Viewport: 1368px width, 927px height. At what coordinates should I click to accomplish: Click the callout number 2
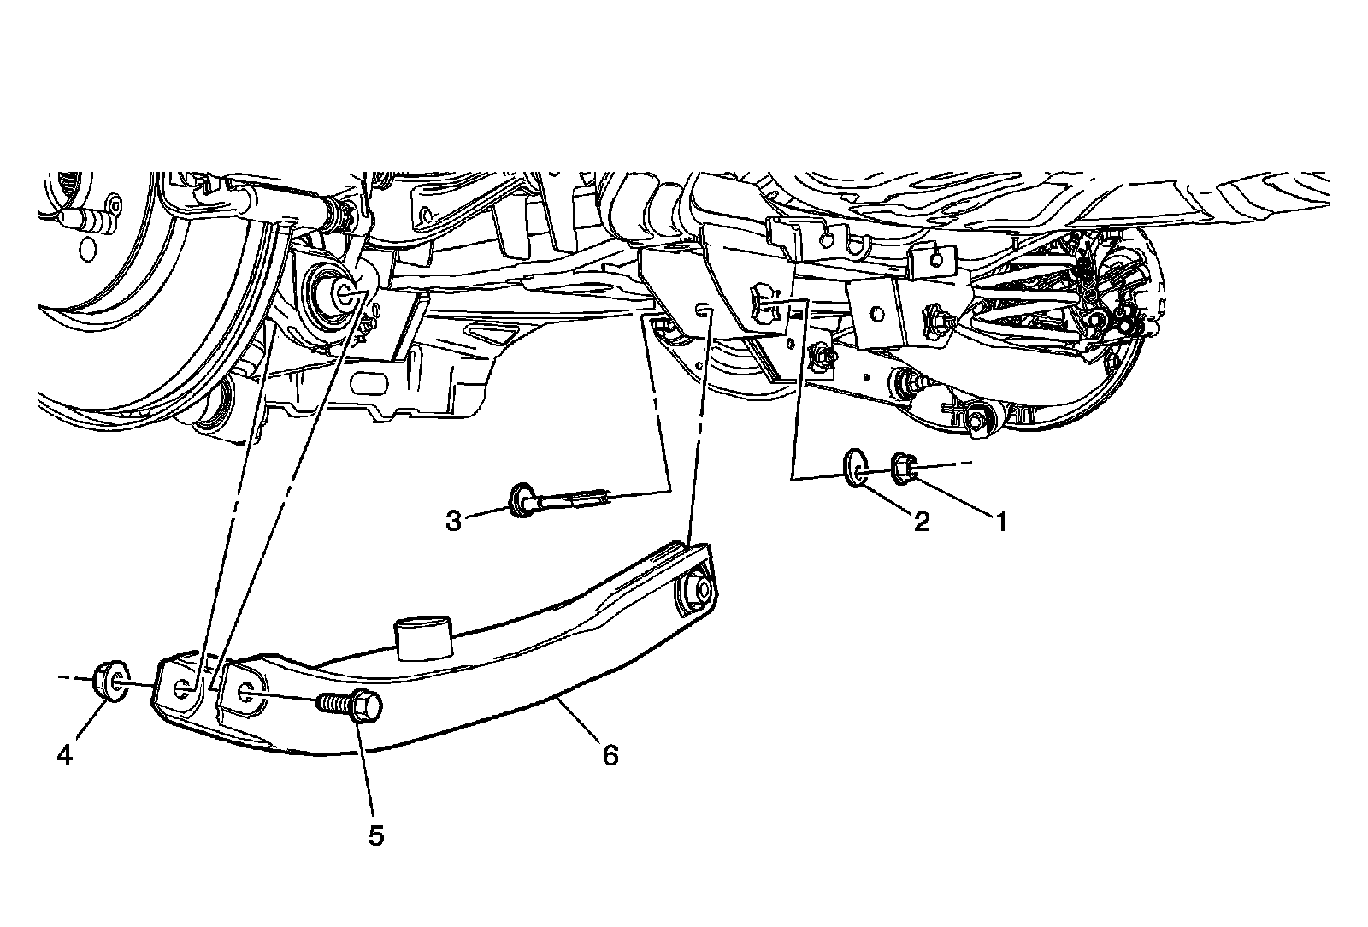click(922, 521)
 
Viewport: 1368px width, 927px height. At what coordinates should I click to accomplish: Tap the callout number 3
click(453, 520)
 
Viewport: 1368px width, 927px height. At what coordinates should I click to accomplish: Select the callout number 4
click(65, 756)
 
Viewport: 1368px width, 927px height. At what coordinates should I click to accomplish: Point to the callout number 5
click(376, 835)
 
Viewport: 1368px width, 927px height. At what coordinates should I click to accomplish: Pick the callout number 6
click(610, 756)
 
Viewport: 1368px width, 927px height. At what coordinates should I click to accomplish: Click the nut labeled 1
click(905, 467)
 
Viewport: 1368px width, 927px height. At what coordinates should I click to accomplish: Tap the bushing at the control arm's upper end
click(696, 591)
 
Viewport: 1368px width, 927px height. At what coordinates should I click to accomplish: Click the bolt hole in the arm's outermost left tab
click(183, 689)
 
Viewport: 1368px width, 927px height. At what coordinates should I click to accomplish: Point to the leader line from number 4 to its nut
click(85, 723)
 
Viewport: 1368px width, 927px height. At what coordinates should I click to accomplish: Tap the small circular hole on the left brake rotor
click(85, 249)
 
